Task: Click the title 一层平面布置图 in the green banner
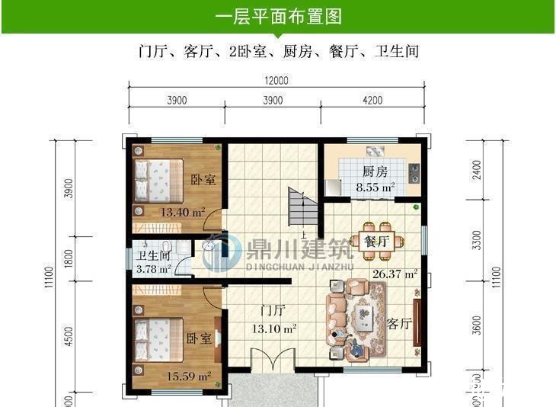pos(277,16)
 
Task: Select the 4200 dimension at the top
pos(373,100)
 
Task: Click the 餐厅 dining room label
pos(376,242)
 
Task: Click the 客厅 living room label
pos(399,322)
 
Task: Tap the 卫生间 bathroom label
pos(152,256)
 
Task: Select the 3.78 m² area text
pos(152,269)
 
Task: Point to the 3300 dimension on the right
pos(477,242)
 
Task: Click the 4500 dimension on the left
pos(69,337)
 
